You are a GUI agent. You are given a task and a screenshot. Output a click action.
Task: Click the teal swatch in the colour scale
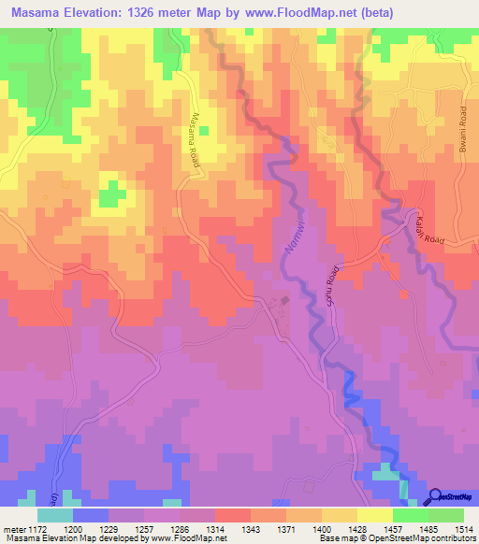click(x=55, y=514)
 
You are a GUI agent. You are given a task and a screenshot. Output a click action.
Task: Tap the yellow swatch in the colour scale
click(x=374, y=514)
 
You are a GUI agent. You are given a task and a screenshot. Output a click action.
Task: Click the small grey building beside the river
click(x=285, y=301)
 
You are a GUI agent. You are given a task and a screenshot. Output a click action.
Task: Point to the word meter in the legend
click(x=13, y=529)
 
